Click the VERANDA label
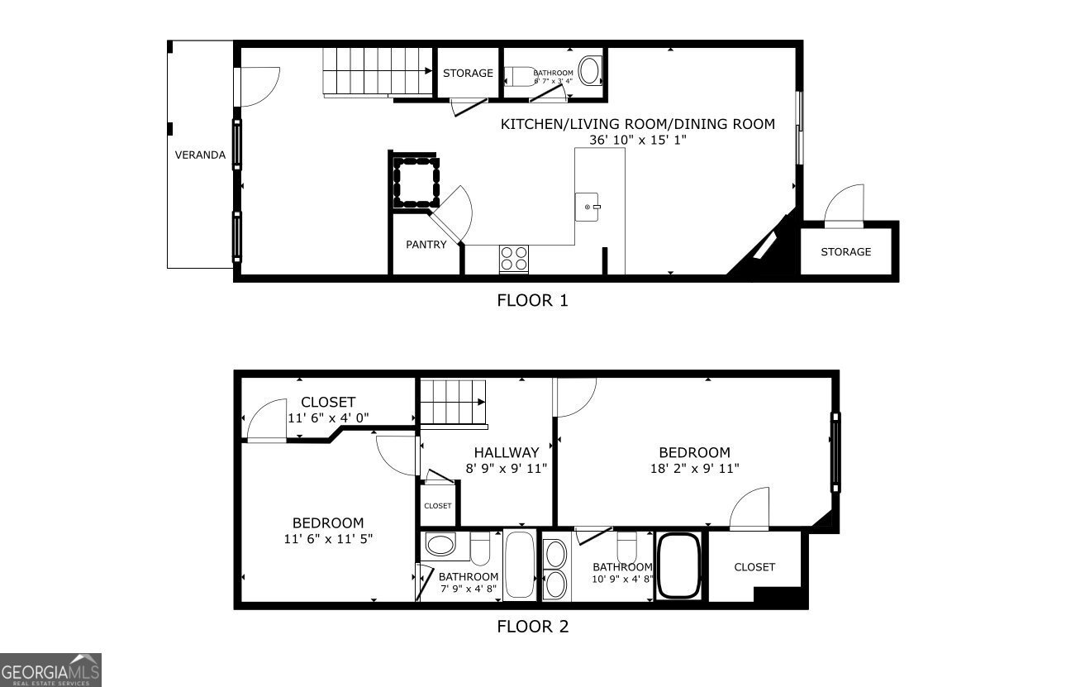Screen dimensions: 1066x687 [x=200, y=155]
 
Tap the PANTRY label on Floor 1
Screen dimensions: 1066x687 [x=426, y=244]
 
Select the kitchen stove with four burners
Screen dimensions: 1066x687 [x=514, y=259]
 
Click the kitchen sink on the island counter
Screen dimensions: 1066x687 [x=587, y=207]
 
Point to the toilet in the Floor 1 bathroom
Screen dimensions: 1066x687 [x=520, y=76]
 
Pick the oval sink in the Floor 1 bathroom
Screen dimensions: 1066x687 [x=590, y=70]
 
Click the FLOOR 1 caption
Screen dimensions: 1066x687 [x=532, y=300]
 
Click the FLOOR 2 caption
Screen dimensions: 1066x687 [x=532, y=627]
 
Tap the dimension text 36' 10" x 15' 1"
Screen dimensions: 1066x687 [x=638, y=140]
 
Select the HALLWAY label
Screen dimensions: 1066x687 [x=507, y=452]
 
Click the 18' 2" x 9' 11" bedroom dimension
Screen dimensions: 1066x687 [x=694, y=469]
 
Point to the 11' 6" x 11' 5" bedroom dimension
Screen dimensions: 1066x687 [x=328, y=539]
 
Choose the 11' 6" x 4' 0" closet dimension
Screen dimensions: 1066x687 [x=328, y=418]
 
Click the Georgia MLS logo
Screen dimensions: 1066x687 [x=50, y=670]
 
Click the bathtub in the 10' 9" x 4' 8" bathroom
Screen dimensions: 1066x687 [x=678, y=565]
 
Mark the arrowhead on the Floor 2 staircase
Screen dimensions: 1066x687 [x=481, y=402]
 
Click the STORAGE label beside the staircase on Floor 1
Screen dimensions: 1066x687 [x=468, y=74]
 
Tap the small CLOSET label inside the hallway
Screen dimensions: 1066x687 [x=437, y=506]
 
